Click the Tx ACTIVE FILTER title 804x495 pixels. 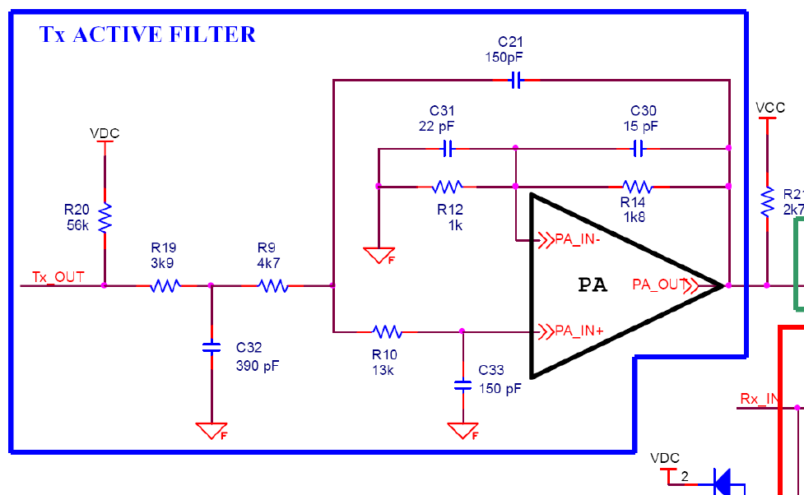point(148,35)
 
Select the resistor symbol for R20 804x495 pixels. point(105,218)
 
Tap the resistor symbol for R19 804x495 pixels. point(165,286)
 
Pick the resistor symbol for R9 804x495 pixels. point(272,286)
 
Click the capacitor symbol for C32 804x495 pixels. point(211,348)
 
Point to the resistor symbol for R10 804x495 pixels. point(386,332)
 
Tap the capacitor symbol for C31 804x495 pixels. point(447,149)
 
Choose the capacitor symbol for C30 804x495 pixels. point(638,149)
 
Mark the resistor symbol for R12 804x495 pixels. point(448,186)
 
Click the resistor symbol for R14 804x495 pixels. point(636,186)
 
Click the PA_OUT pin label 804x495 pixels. point(660,285)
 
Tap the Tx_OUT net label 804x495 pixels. point(58,276)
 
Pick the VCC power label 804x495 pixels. point(769,108)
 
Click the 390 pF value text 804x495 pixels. point(258,366)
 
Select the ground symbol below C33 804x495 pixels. point(462,430)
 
